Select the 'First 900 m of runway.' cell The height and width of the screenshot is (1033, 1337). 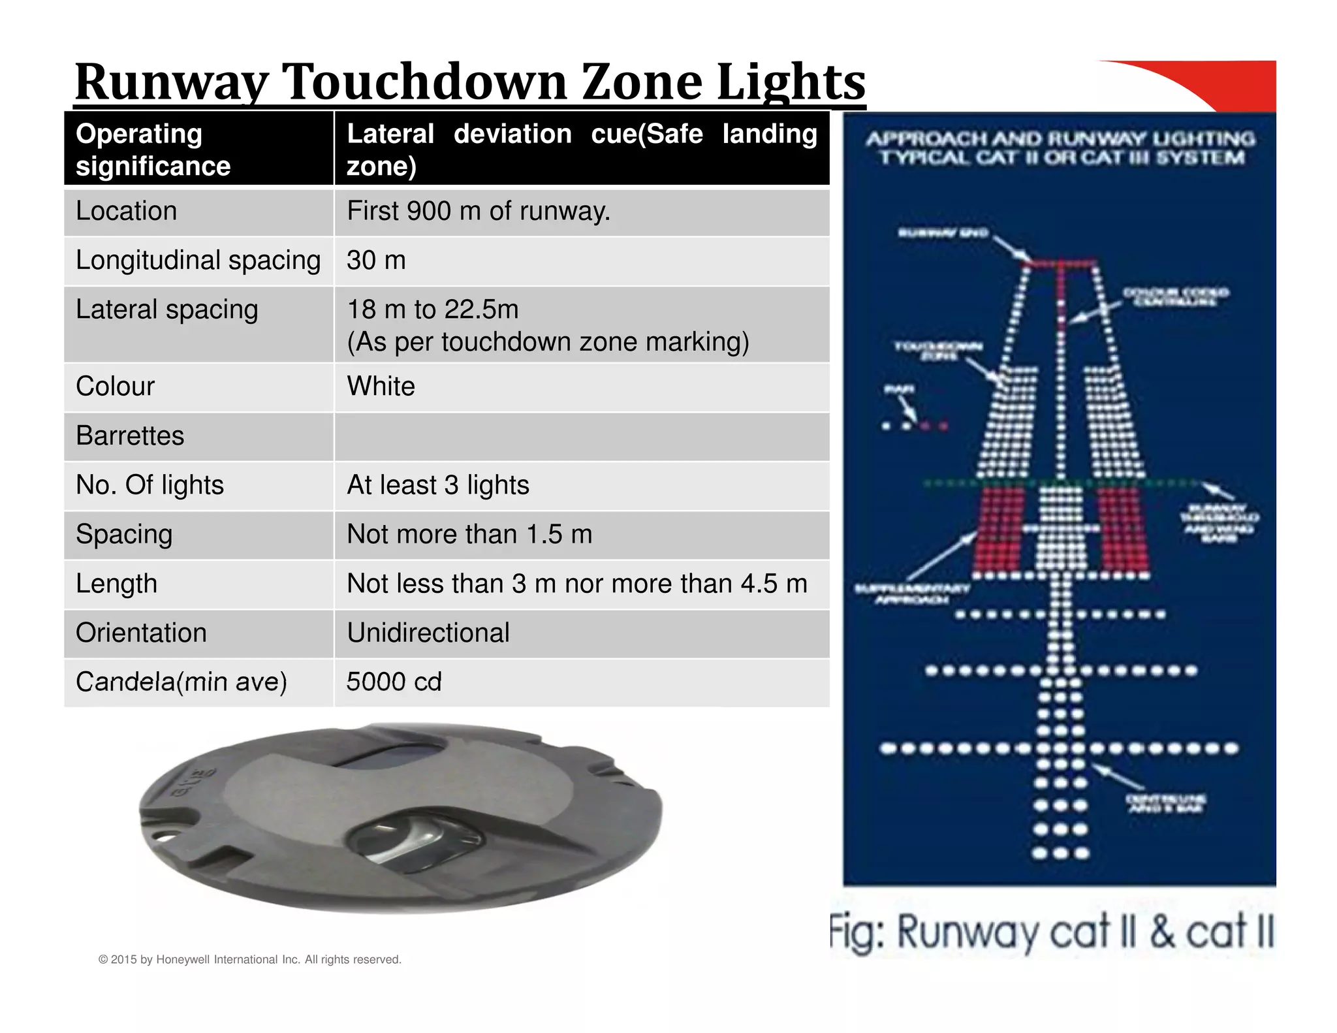tap(478, 211)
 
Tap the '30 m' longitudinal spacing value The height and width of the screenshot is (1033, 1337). tap(376, 261)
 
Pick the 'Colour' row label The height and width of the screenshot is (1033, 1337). tap(115, 387)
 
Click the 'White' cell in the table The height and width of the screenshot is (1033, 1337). tap(381, 387)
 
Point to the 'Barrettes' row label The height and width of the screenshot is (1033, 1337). tap(130, 436)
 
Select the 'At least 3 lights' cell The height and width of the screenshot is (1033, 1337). tap(437, 485)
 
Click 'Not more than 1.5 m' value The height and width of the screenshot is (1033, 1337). tap(469, 534)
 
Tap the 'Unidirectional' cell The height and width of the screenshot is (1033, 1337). tap(428, 633)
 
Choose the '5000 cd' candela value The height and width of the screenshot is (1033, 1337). tap(394, 682)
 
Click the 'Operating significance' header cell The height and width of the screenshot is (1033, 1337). tap(153, 150)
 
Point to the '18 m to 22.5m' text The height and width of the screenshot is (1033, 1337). tap(432, 310)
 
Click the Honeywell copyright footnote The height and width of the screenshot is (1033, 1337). tap(249, 959)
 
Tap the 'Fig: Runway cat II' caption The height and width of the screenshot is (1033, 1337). tap(1051, 932)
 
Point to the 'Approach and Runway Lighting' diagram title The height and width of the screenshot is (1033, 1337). tap(1061, 148)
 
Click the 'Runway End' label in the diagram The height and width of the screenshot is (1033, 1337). tap(943, 233)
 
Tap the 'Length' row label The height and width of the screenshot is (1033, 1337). tap(116, 584)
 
